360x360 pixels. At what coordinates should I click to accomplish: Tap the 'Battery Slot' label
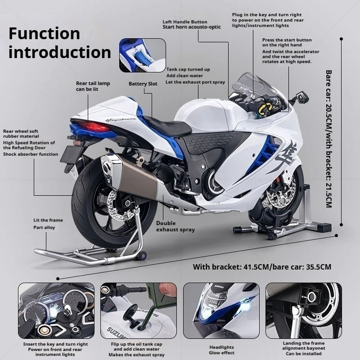(x=143, y=84)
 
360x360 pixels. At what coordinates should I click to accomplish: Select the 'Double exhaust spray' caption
(x=175, y=226)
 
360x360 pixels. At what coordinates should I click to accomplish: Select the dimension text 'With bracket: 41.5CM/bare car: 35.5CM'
(x=262, y=267)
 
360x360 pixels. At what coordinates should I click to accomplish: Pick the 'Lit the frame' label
(x=48, y=220)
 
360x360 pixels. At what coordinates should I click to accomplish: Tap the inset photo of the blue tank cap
(x=142, y=55)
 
